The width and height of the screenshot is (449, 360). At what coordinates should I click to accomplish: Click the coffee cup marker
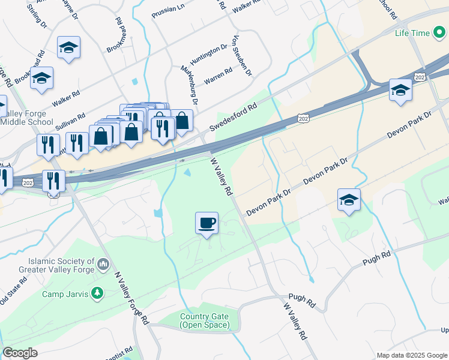point(206,223)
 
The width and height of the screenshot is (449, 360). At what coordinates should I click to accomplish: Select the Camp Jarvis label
point(65,294)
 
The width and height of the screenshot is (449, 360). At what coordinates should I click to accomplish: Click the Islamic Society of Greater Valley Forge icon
point(103,264)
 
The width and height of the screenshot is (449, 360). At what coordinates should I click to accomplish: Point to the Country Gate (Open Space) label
point(204,320)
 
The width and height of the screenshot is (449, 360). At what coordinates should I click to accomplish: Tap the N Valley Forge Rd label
point(131,298)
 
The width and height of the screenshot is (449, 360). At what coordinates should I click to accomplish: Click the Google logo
point(20,353)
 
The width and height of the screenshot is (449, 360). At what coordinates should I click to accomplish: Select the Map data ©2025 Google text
point(411,355)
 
